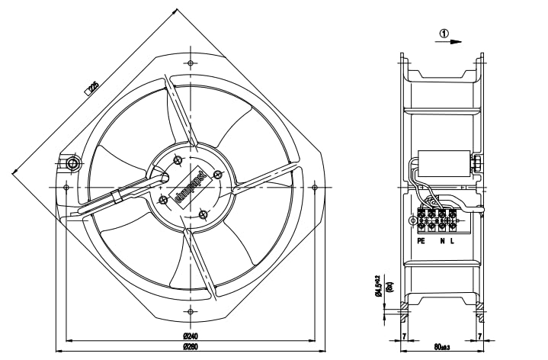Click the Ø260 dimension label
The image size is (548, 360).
[x=191, y=349]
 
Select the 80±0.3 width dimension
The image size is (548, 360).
[x=441, y=348]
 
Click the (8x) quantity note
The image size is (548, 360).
[x=389, y=288]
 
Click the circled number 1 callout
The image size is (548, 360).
[x=444, y=34]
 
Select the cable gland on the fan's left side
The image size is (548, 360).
[x=72, y=165]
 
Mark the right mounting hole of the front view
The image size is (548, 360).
[x=315, y=186]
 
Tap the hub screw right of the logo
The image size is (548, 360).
[x=219, y=175]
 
